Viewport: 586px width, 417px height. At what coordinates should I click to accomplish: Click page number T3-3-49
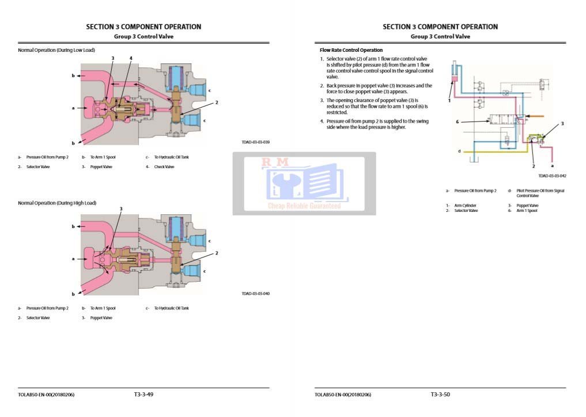coord(143,395)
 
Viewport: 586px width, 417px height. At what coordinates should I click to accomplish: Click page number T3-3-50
coord(440,395)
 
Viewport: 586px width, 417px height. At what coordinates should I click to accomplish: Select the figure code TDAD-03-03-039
coord(256,142)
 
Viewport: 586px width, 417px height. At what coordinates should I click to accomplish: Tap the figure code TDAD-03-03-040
coord(256,294)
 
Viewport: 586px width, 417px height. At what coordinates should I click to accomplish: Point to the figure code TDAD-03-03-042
coord(553,176)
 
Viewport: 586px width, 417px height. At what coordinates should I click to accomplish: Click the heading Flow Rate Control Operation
coord(351,50)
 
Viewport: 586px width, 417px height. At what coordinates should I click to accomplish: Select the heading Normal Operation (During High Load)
coord(57,203)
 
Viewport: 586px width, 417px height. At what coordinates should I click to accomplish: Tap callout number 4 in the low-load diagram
coord(131,58)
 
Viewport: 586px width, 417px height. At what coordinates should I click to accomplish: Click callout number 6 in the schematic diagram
coord(457,122)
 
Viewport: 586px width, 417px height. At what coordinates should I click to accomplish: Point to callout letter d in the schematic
coord(459,151)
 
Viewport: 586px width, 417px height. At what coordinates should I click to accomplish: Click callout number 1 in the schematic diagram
coord(449,100)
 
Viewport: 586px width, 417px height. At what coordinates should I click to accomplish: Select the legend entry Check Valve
coord(164,167)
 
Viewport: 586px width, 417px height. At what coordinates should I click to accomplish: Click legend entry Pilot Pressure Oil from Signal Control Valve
coord(540,193)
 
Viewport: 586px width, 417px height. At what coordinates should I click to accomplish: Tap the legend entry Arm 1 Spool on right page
coord(527,211)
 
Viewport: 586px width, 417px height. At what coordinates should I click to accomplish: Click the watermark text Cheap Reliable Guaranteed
coord(304,206)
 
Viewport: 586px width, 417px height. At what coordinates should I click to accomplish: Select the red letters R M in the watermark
coord(275,163)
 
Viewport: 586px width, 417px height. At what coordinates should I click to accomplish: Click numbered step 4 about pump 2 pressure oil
coord(375,124)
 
